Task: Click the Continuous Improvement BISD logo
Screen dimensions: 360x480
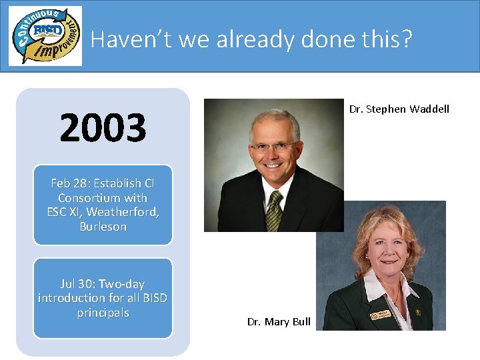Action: point(45,36)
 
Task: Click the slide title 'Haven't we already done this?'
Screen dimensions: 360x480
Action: point(251,39)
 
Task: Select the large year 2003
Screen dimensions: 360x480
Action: point(103,128)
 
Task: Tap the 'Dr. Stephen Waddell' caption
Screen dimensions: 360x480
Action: point(399,109)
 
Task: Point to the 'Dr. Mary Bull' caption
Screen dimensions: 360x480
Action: point(279,322)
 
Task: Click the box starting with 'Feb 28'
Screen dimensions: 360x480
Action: point(103,205)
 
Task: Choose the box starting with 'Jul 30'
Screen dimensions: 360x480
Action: point(103,298)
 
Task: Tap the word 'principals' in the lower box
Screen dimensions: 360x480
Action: point(103,313)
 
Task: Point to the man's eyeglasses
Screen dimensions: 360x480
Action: point(273,145)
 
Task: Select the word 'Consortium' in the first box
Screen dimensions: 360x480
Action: point(84,198)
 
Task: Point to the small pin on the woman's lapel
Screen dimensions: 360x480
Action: point(418,312)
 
